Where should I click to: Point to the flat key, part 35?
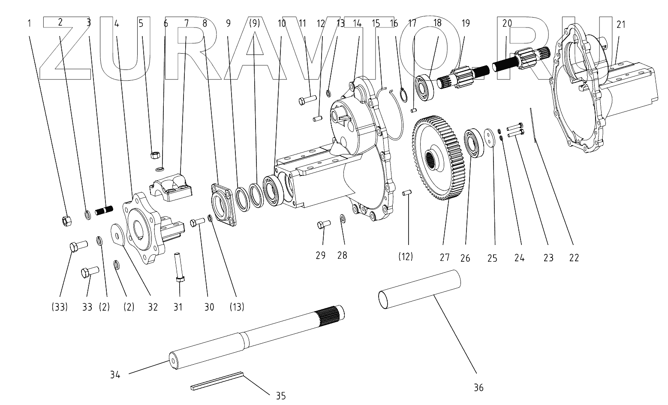coord(217,381)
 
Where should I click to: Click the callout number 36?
coord(478,387)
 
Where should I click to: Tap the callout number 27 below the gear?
coord(444,257)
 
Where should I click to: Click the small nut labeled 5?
coord(155,154)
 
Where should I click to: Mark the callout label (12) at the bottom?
coord(405,257)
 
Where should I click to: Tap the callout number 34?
coord(114,375)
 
